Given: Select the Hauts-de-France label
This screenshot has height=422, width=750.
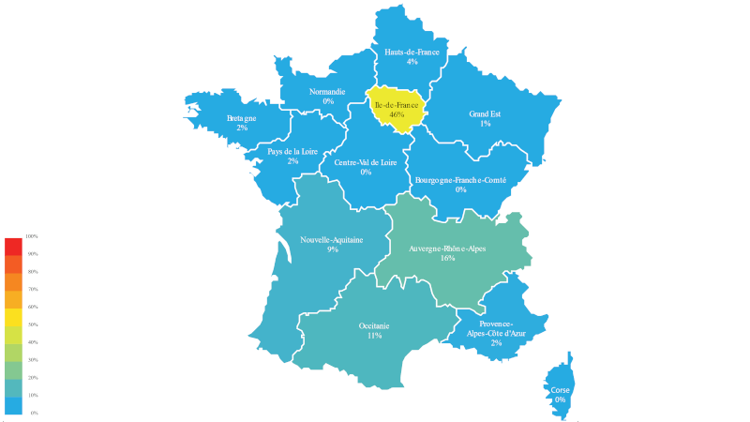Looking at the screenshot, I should point(412,52).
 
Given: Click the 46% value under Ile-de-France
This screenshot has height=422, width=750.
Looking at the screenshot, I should point(397,114).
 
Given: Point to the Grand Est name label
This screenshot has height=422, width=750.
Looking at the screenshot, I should point(486,113).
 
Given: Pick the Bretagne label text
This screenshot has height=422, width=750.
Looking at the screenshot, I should point(242,118).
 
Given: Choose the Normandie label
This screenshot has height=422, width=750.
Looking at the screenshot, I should point(327,92).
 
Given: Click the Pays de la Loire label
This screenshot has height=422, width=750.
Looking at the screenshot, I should point(292,151).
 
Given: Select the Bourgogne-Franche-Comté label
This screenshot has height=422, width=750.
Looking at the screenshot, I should point(460,179).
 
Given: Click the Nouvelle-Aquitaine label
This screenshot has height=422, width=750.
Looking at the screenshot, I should point(332,239).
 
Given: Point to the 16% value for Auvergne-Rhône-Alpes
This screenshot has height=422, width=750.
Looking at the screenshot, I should point(447,258).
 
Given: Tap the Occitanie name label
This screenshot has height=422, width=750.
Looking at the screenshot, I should point(374,325).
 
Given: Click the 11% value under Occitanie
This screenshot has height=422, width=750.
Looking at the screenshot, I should point(374,336).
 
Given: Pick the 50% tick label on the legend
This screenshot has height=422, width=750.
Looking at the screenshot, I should point(33,324).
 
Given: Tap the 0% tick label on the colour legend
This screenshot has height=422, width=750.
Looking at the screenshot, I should point(34,413).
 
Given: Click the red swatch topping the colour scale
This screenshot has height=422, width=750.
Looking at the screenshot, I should point(13,246).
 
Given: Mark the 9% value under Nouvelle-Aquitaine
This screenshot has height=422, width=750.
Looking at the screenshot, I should point(332,249).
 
